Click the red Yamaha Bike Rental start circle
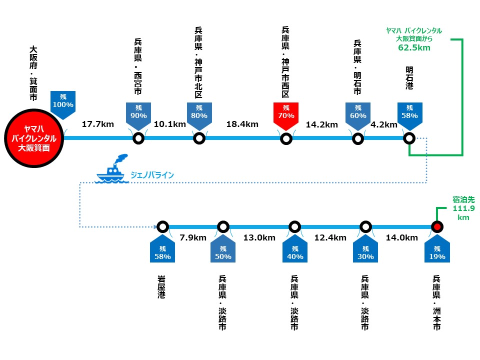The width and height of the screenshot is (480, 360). tap(33, 138)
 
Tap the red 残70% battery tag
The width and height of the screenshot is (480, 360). tap(286, 115)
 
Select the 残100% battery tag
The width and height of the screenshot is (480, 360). tap(63, 104)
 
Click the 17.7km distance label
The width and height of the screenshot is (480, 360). tap(98, 124)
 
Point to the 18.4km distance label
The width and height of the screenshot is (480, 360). tap(242, 124)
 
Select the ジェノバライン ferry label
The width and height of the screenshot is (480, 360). tap(152, 175)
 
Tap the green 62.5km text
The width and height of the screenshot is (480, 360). tap(414, 48)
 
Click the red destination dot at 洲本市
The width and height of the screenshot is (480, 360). tap(437, 227)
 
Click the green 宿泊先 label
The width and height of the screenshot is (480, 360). tap(463, 199)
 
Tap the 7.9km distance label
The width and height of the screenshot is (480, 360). tap(193, 238)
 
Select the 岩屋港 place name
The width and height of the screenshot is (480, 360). tap(161, 286)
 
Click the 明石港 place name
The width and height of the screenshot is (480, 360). tap(409, 78)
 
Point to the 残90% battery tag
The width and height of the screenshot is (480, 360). tap(138, 115)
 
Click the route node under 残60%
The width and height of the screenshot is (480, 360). tap(358, 138)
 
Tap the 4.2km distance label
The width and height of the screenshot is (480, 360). tap(384, 124)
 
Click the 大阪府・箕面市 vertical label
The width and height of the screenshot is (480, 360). tap(33, 73)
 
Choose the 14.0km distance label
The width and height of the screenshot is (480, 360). tap(402, 238)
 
